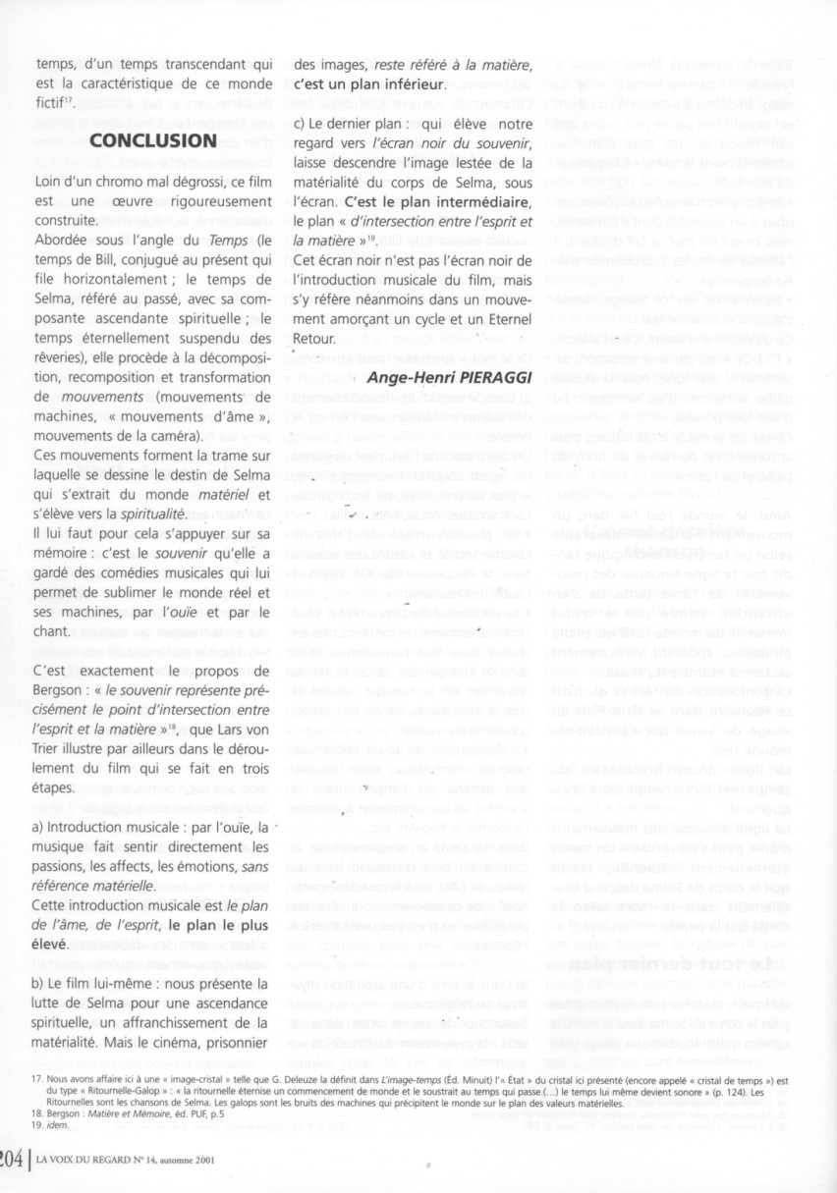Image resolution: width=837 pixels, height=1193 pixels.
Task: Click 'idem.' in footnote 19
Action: [x=39, y=1127]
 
